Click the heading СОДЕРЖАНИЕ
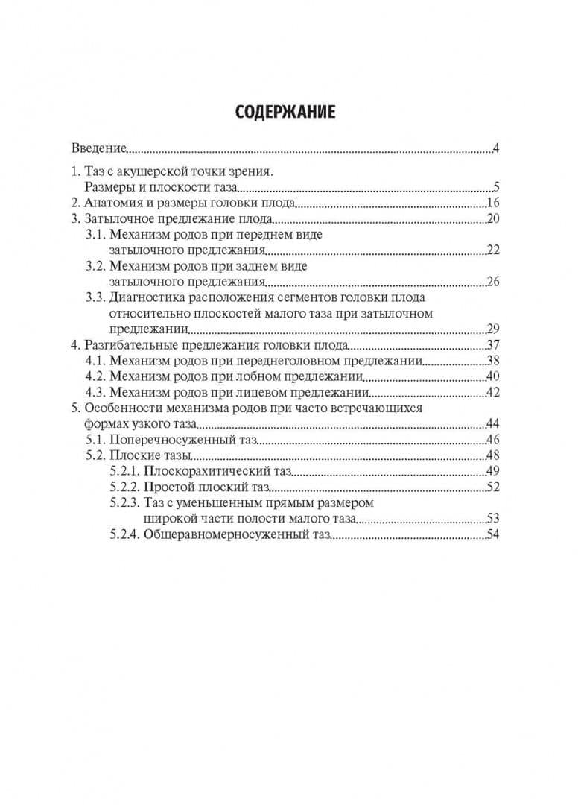[x=285, y=112]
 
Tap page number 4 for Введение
[x=495, y=148]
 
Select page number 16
[x=492, y=203]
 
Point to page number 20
[x=492, y=219]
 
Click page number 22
[x=492, y=250]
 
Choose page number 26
[x=492, y=282]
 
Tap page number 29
[x=492, y=329]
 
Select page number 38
[x=492, y=362]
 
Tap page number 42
[x=492, y=393]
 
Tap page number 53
[x=492, y=519]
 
